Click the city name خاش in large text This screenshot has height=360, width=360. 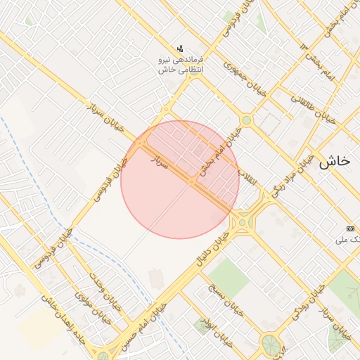click(333, 161)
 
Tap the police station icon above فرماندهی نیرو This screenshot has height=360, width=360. click(181, 49)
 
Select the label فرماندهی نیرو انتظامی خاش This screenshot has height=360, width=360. click(180, 65)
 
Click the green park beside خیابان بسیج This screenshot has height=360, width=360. click(227, 277)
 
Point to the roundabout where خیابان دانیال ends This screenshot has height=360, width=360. click(243, 223)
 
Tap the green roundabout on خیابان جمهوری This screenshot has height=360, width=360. click(246, 120)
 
